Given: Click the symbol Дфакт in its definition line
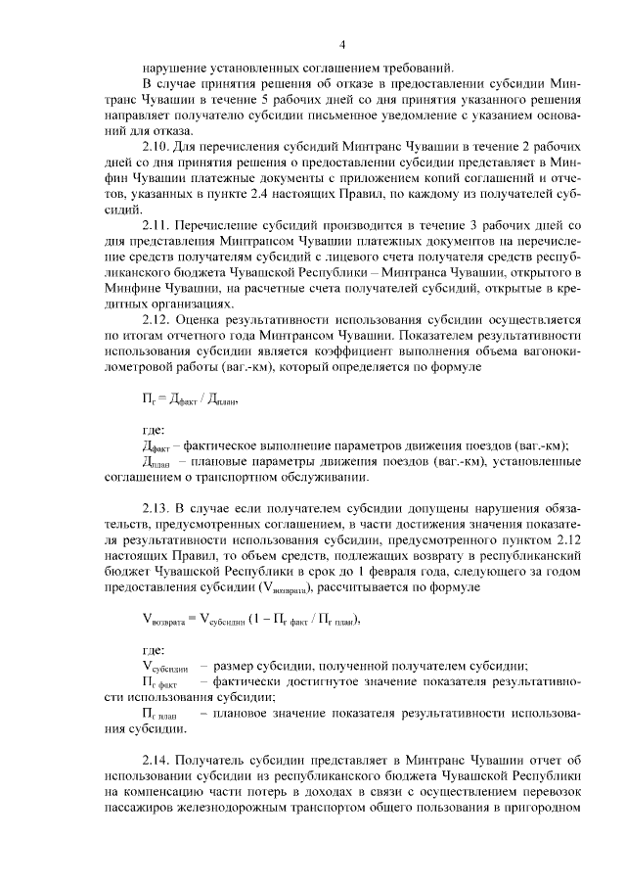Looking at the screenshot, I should [156, 445].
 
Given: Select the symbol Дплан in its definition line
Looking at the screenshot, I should [156, 461].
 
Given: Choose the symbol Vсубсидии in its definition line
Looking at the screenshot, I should [165, 667].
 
